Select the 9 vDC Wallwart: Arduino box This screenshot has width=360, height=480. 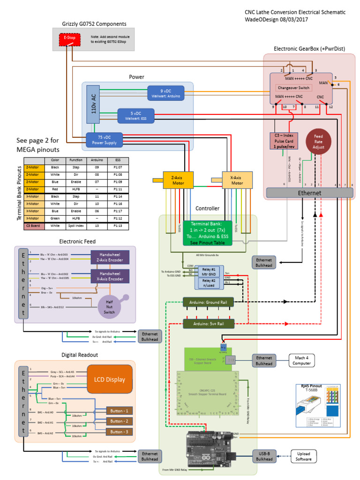tap(166, 93)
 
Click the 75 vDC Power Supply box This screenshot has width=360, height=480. tap(104, 140)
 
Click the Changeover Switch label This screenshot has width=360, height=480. tap(293, 88)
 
